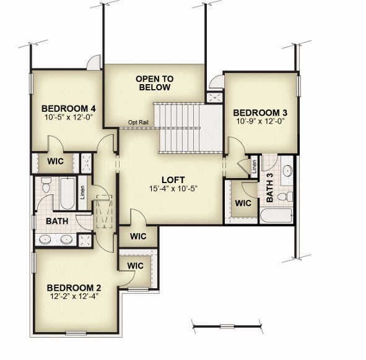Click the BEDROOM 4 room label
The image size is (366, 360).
click(x=69, y=109)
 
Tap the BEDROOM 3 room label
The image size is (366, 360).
click(x=260, y=113)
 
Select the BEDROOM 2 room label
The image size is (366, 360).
click(x=74, y=288)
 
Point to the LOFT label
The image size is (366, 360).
click(x=173, y=180)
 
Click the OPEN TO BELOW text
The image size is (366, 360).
click(x=155, y=83)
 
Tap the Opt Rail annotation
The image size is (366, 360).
click(x=138, y=122)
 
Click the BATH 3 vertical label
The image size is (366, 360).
click(x=269, y=187)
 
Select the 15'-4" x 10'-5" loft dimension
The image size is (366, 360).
click(x=173, y=189)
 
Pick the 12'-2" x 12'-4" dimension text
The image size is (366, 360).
click(x=74, y=296)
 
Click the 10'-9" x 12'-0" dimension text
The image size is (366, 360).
click(x=260, y=121)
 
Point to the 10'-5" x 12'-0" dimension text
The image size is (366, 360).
click(x=69, y=117)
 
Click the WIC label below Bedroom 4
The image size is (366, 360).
click(x=55, y=161)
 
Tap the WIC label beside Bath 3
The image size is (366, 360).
click(x=243, y=204)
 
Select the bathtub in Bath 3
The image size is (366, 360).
click(x=276, y=216)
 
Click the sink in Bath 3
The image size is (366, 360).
click(x=287, y=171)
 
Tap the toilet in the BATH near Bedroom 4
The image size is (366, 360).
click(x=46, y=185)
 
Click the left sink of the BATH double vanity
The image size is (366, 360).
click(x=45, y=239)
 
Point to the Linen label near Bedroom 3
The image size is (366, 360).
click(x=254, y=166)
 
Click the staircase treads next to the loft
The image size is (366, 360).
click(x=179, y=128)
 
